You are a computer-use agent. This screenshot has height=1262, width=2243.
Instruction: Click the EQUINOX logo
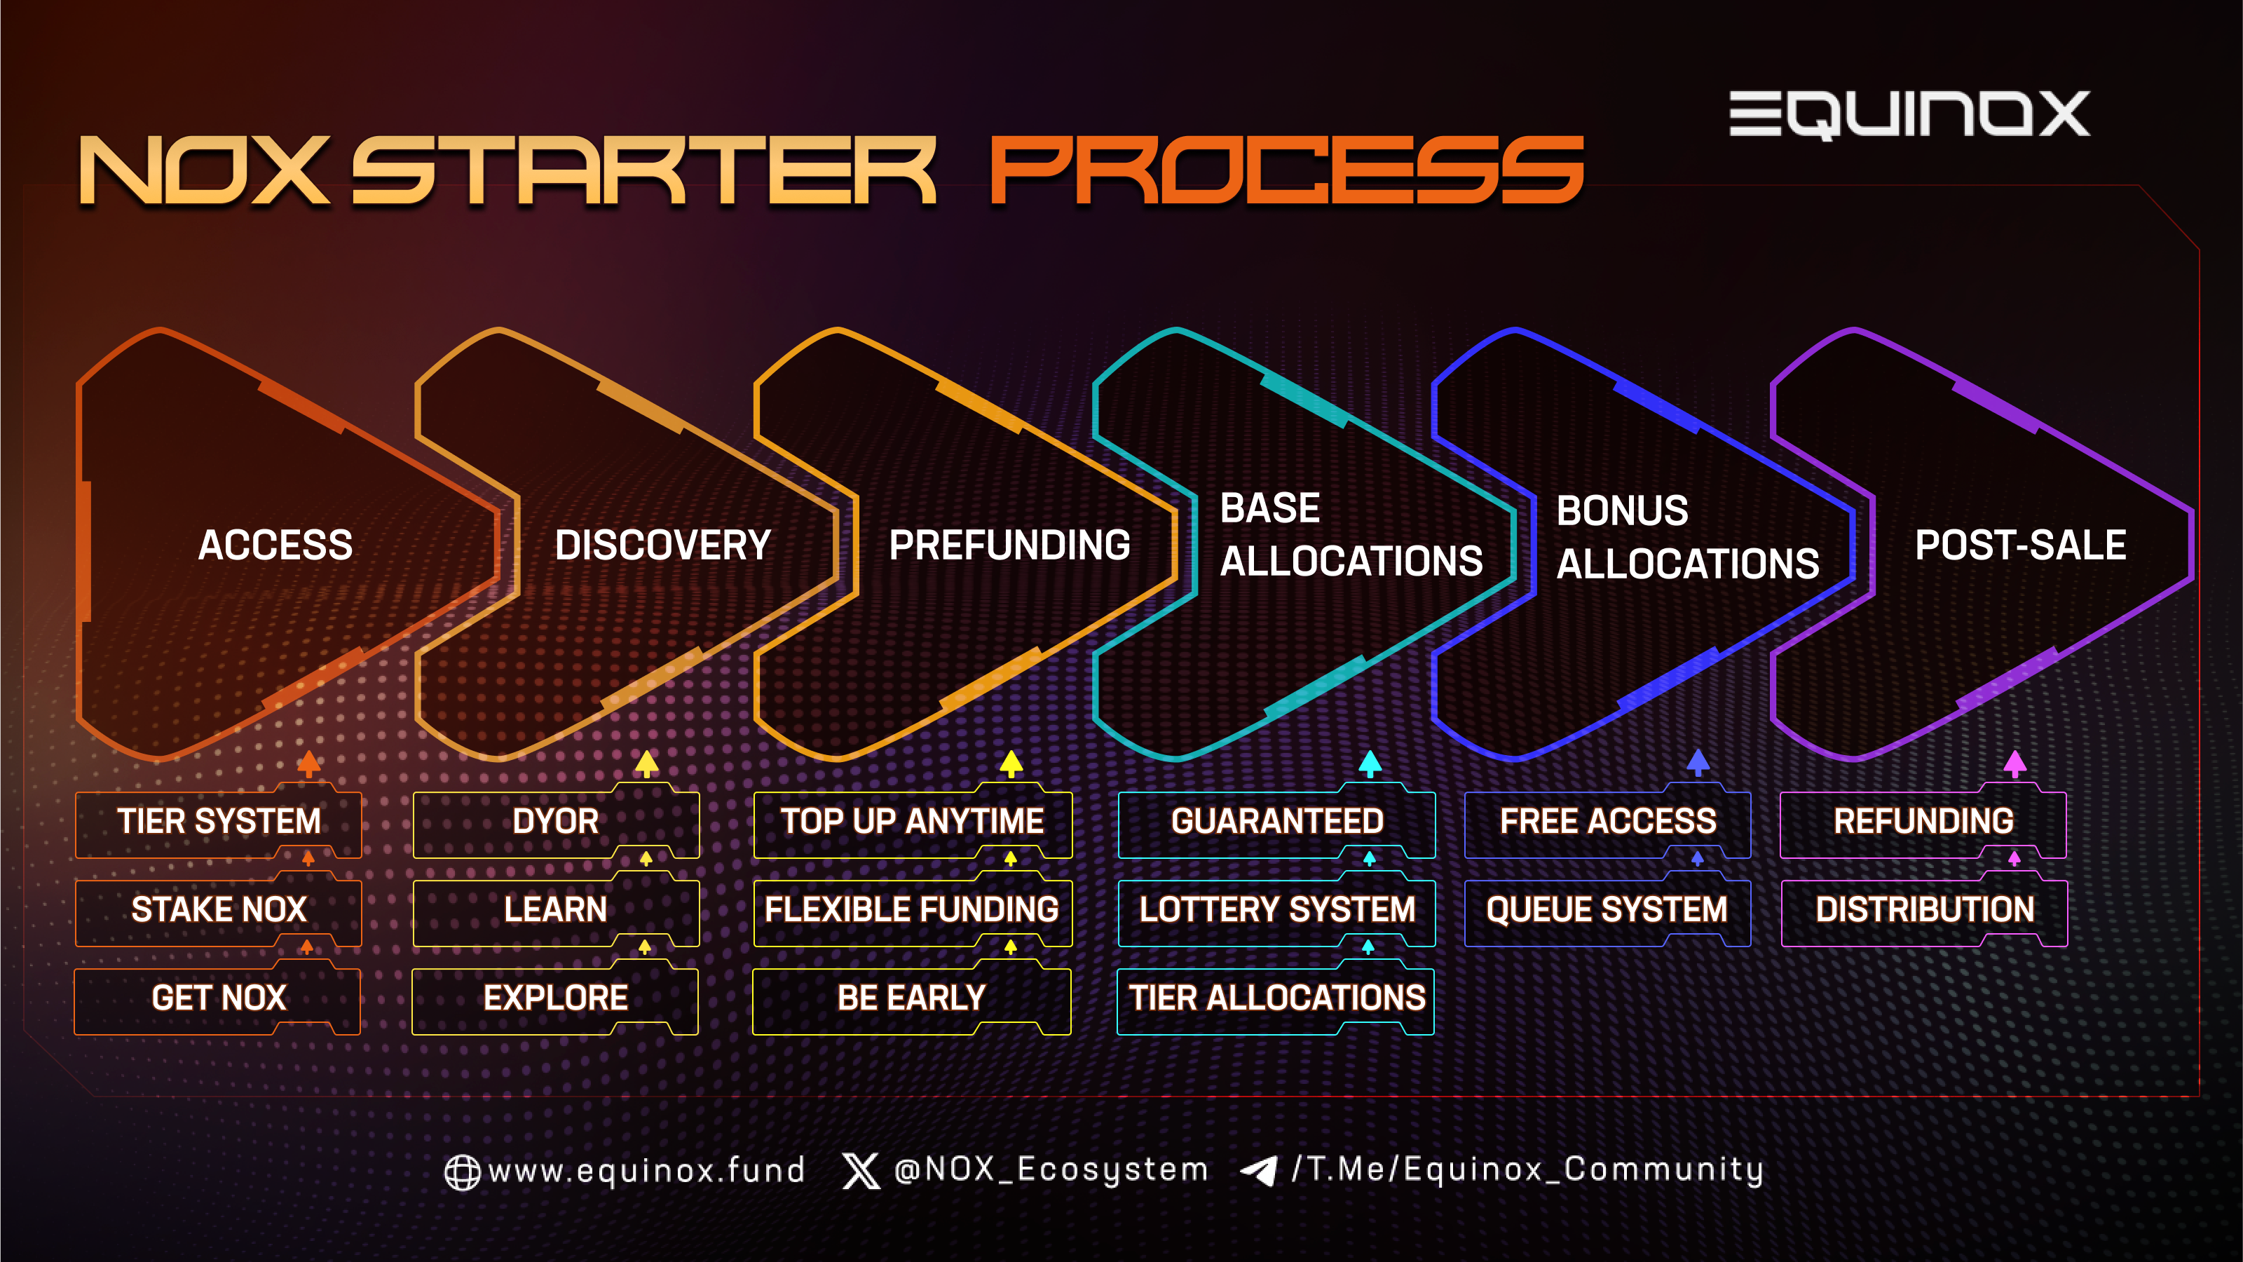(1909, 114)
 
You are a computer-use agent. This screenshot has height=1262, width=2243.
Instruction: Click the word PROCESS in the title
(1287, 170)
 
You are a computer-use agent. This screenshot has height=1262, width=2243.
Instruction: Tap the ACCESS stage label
(275, 545)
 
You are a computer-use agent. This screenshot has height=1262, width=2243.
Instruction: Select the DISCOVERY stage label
(662, 545)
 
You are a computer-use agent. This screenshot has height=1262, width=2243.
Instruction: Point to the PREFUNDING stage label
(1009, 545)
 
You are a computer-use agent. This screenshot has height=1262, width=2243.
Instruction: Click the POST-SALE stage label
(2020, 545)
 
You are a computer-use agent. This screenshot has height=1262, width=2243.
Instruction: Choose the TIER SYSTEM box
(219, 820)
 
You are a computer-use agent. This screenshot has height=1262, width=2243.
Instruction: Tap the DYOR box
(556, 820)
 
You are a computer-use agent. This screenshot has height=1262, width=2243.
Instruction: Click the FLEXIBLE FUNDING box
(913, 909)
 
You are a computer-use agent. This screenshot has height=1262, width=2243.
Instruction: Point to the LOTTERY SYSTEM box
(1276, 909)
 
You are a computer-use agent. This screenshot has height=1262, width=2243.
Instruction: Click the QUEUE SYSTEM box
(1607, 909)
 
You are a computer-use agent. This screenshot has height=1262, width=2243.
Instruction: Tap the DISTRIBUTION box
(1924, 909)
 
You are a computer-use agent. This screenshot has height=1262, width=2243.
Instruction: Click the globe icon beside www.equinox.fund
(463, 1172)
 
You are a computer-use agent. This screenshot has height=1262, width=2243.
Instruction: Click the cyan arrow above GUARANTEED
(1370, 763)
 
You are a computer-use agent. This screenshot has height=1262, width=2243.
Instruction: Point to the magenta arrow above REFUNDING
(2015, 763)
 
